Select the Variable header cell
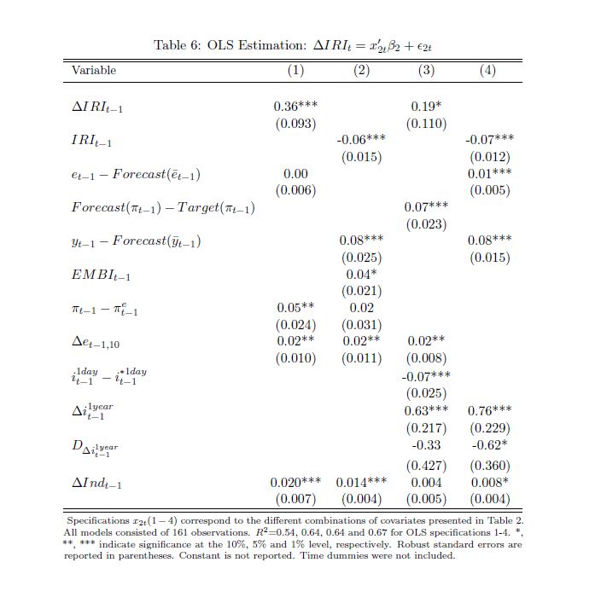[94, 70]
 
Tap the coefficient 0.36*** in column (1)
[295, 107]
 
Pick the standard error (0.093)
[295, 124]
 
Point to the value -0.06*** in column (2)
[361, 139]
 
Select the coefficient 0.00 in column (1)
[295, 173]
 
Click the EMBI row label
[101, 275]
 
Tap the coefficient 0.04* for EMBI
[361, 274]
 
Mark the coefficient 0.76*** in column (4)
[490, 411]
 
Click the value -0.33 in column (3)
[426, 445]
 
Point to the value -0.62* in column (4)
[490, 445]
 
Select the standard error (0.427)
[426, 466]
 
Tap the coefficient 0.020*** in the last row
[295, 483]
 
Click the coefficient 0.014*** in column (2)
[361, 483]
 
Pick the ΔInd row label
[96, 484]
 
